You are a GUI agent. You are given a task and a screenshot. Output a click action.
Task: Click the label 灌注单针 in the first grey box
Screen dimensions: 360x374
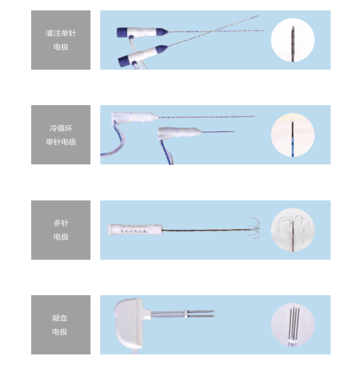[x=61, y=33]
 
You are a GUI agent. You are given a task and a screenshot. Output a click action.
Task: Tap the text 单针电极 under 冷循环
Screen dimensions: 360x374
[x=61, y=142]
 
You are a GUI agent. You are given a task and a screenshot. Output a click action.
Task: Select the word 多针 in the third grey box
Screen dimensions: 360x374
[x=61, y=223]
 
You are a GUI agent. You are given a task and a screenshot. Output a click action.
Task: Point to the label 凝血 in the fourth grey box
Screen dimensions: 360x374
[x=60, y=318]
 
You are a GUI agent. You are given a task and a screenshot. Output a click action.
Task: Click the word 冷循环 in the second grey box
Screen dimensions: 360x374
[x=61, y=128]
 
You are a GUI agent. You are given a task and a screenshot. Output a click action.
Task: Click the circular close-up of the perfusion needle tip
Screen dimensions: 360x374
[x=293, y=40]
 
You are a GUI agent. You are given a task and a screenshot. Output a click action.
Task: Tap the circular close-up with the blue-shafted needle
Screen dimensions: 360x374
[x=293, y=135]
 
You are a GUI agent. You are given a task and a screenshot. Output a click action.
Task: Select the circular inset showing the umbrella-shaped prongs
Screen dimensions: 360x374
[x=293, y=230]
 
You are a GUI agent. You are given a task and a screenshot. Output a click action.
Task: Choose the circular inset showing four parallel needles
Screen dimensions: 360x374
[x=293, y=325]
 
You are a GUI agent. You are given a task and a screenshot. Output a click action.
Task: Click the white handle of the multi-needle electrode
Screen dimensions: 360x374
[x=135, y=229]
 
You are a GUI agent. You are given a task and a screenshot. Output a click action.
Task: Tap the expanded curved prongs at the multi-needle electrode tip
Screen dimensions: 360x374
[x=254, y=229]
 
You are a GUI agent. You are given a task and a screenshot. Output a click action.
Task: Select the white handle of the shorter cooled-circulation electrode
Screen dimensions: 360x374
[x=180, y=132]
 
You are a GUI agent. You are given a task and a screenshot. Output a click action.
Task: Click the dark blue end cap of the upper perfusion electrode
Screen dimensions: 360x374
[x=122, y=32]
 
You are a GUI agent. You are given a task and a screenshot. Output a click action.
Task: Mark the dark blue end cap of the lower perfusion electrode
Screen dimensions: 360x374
[x=123, y=62]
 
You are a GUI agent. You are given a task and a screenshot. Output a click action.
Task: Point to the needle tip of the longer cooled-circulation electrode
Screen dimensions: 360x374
[x=254, y=116]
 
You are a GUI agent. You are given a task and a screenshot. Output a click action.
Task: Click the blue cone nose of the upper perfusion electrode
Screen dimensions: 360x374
[x=162, y=31]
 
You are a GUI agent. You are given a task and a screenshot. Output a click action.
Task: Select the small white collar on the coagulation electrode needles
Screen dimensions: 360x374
[x=185, y=313]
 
